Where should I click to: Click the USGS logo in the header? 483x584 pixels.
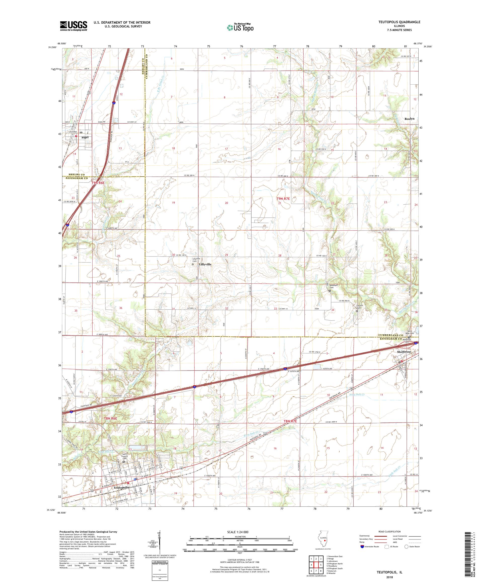point(74,26)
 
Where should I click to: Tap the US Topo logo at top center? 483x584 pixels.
point(240,27)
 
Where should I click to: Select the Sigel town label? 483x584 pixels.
point(85,137)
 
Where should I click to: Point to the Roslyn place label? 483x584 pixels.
point(409,119)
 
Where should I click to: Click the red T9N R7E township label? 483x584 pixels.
point(283,199)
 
